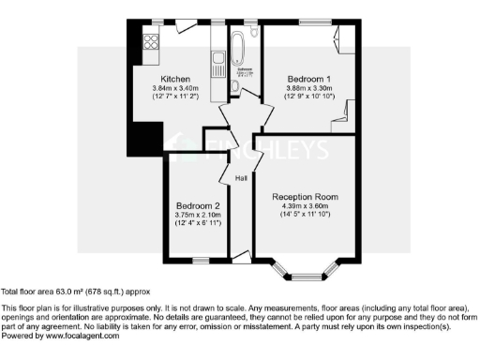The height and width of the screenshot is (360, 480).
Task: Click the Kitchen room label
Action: click(175, 79)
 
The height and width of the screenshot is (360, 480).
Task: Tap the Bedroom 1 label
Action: click(308, 79)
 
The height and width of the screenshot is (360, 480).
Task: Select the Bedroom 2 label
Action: click(198, 205)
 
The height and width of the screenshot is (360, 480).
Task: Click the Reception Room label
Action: click(305, 197)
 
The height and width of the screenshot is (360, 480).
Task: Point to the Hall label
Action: click(241, 177)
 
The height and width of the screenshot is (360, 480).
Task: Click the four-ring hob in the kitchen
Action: click(150, 41)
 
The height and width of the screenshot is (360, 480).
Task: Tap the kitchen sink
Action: click(218, 67)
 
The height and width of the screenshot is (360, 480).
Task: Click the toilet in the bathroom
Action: click(234, 87)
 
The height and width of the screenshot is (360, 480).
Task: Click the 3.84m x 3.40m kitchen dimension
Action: click(175, 89)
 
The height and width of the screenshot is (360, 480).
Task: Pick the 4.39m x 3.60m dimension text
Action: click(305, 207)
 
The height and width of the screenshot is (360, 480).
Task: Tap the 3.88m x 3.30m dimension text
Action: click(308, 89)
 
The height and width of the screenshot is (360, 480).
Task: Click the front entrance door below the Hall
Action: click(240, 254)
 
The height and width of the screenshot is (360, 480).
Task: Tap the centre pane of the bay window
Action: click(304, 277)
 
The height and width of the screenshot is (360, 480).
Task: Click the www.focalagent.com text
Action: click(82, 335)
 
